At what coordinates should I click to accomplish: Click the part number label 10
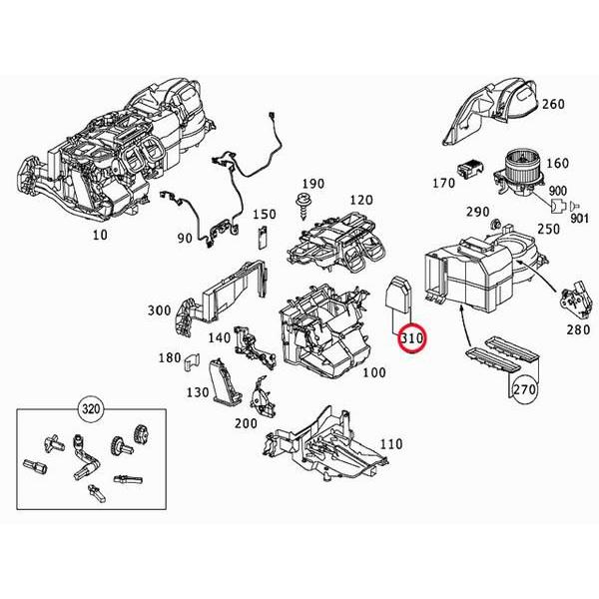[x=99, y=235]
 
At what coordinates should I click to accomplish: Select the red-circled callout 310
[x=410, y=340]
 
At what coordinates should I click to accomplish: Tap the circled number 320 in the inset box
[x=91, y=409]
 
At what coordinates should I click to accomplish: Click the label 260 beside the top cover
[x=553, y=103]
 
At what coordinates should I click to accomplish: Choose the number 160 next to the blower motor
[x=557, y=164]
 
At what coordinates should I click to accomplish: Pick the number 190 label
[x=312, y=184]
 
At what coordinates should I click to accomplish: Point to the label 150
[x=264, y=215]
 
